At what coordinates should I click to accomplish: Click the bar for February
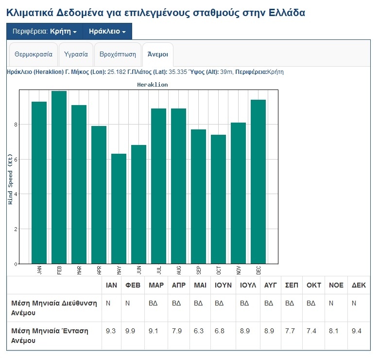59,177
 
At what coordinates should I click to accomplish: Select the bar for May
119,209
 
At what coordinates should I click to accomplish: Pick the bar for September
198,197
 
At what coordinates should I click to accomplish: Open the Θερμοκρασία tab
34,54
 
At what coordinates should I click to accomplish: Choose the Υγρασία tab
76,54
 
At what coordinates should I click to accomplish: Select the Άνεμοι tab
158,54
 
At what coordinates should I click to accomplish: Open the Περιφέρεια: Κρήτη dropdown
45,32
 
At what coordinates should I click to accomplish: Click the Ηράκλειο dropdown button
107,32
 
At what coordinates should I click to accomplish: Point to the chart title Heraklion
153,85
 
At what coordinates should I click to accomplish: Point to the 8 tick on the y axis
16,125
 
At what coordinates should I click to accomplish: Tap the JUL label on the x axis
159,270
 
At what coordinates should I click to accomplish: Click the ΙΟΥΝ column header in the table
223,285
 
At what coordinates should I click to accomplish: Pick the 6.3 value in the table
198,331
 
